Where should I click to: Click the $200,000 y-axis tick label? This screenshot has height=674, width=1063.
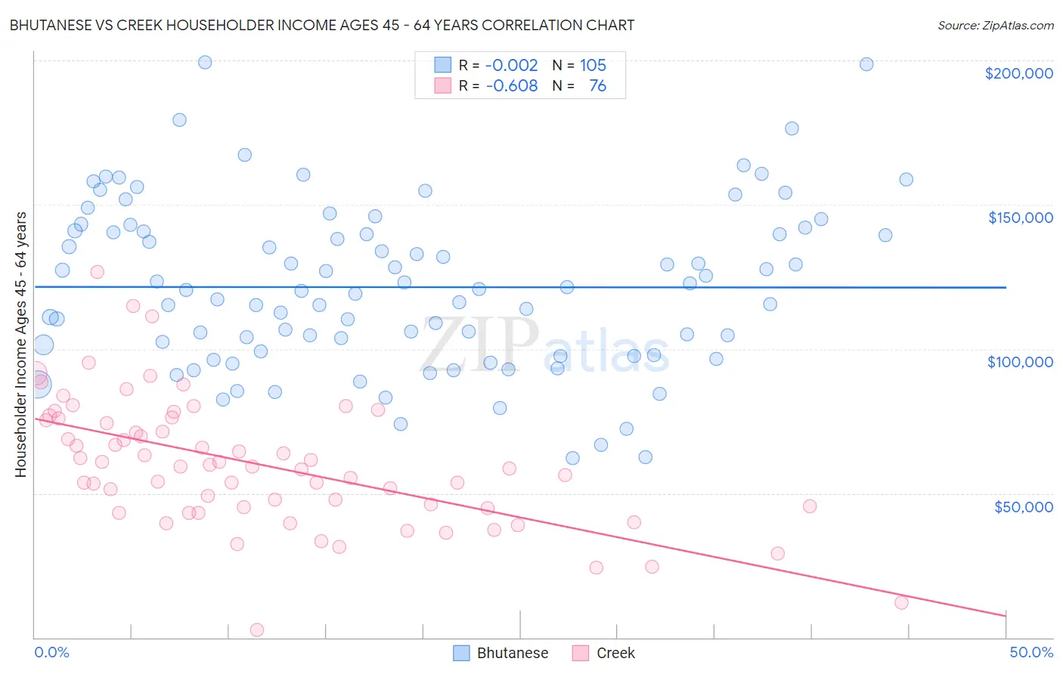(x=1018, y=73)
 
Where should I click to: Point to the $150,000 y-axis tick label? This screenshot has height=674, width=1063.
(x=1020, y=218)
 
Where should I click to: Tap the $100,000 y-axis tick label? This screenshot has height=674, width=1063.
(x=1020, y=362)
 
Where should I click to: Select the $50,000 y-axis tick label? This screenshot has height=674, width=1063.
(x=1023, y=507)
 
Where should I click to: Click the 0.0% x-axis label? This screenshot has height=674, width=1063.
(x=51, y=652)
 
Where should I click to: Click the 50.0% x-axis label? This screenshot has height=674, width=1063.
(x=1030, y=652)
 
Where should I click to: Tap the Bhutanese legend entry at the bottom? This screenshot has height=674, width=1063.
(x=512, y=653)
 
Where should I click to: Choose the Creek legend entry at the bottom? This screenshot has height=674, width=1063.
(x=615, y=653)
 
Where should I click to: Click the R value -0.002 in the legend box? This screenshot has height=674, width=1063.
(x=511, y=65)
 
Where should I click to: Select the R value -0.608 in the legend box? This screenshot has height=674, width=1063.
(x=511, y=85)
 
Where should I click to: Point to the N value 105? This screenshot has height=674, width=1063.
(x=593, y=65)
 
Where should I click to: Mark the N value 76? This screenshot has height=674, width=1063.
(x=597, y=85)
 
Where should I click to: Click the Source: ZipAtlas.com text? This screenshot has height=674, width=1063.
(x=995, y=25)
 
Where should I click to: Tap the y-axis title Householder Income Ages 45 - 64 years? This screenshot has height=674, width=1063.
(x=20, y=344)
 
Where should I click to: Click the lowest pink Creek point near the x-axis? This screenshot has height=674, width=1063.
(x=257, y=630)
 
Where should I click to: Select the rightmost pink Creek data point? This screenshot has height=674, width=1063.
(x=901, y=602)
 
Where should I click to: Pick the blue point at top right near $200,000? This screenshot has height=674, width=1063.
(x=866, y=64)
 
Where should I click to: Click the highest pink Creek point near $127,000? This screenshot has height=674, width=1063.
(x=97, y=272)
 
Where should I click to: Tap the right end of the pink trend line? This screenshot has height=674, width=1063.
(x=1006, y=616)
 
